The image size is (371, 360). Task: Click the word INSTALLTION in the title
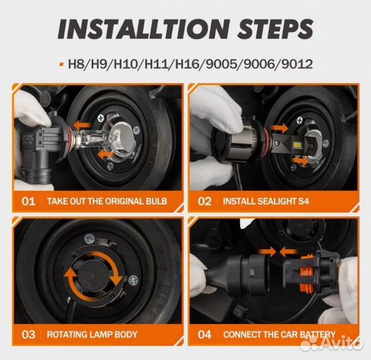pyautogui.click(x=144, y=29)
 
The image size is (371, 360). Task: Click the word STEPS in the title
pyautogui.click(x=276, y=29)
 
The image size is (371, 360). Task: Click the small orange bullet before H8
pyautogui.click(x=62, y=64)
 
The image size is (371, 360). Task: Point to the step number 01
pyautogui.click(x=29, y=201)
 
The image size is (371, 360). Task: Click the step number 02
pyautogui.click(x=204, y=201)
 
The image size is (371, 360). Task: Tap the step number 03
pyautogui.click(x=29, y=335)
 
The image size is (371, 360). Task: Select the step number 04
pyautogui.click(x=204, y=335)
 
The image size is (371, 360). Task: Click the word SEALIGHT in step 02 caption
pyautogui.click(x=276, y=201)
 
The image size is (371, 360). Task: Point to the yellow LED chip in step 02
pyautogui.click(x=296, y=143)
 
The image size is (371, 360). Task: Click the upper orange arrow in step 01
pyautogui.click(x=83, y=125)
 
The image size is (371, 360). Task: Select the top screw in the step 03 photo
pyautogui.click(x=89, y=239)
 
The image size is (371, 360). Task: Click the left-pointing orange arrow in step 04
pyautogui.click(x=289, y=252)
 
